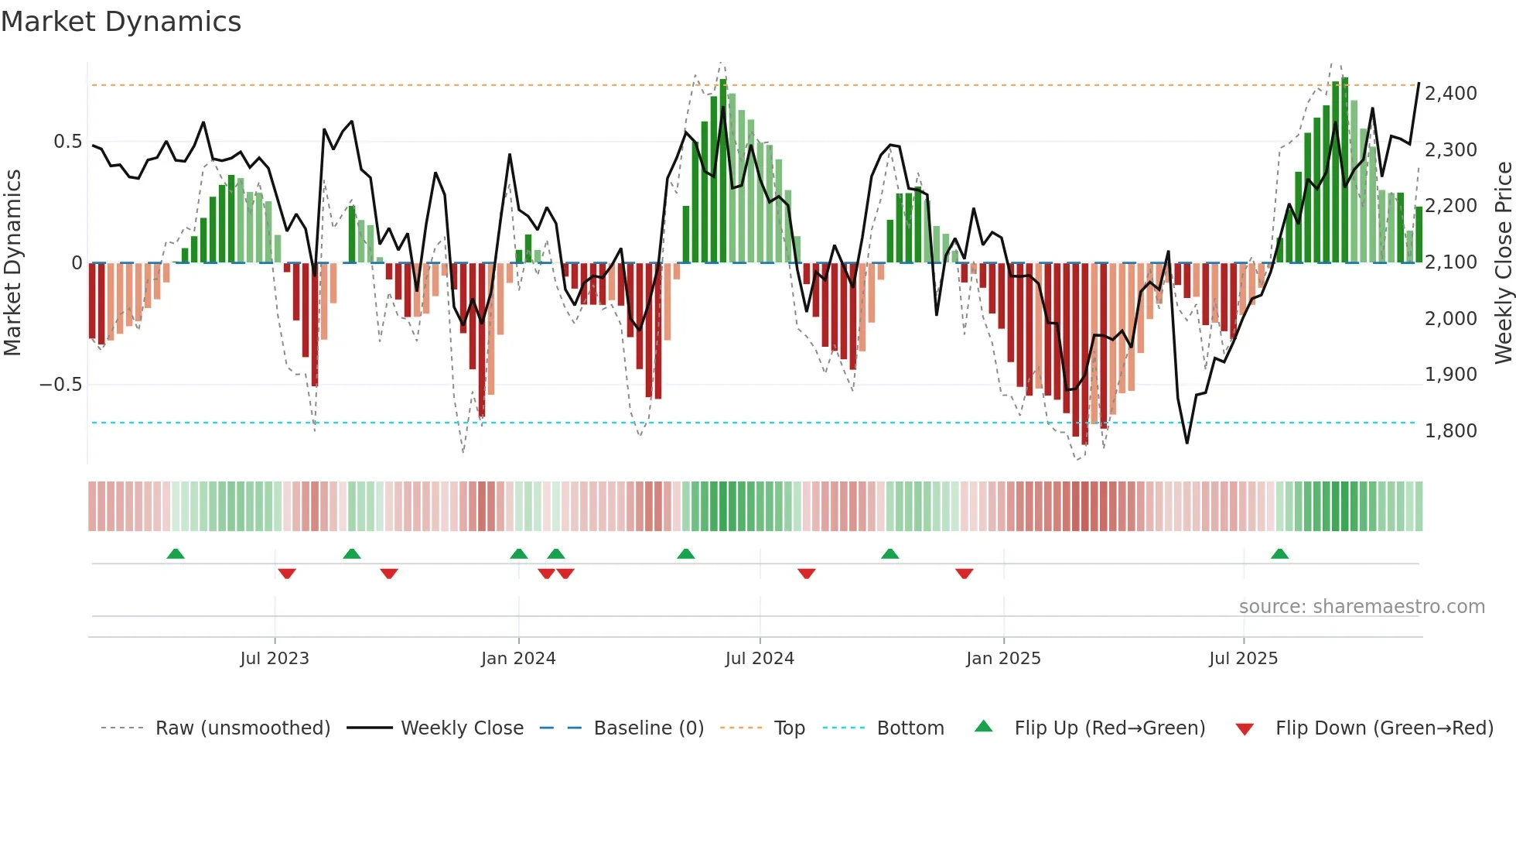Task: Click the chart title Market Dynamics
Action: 121,22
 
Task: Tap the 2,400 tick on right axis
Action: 1450,94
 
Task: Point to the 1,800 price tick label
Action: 1450,431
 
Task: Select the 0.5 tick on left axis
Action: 67,142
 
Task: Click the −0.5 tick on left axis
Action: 60,385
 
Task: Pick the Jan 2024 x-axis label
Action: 518,659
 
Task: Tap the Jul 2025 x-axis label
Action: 1243,659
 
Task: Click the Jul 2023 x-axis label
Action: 275,659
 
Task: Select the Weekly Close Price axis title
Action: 1503,263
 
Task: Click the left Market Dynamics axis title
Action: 12,263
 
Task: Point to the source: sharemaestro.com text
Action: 1361,607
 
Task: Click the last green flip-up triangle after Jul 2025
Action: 1279,554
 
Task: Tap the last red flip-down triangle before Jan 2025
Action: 964,574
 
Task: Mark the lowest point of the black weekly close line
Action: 1187,443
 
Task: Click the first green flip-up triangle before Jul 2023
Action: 176,554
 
